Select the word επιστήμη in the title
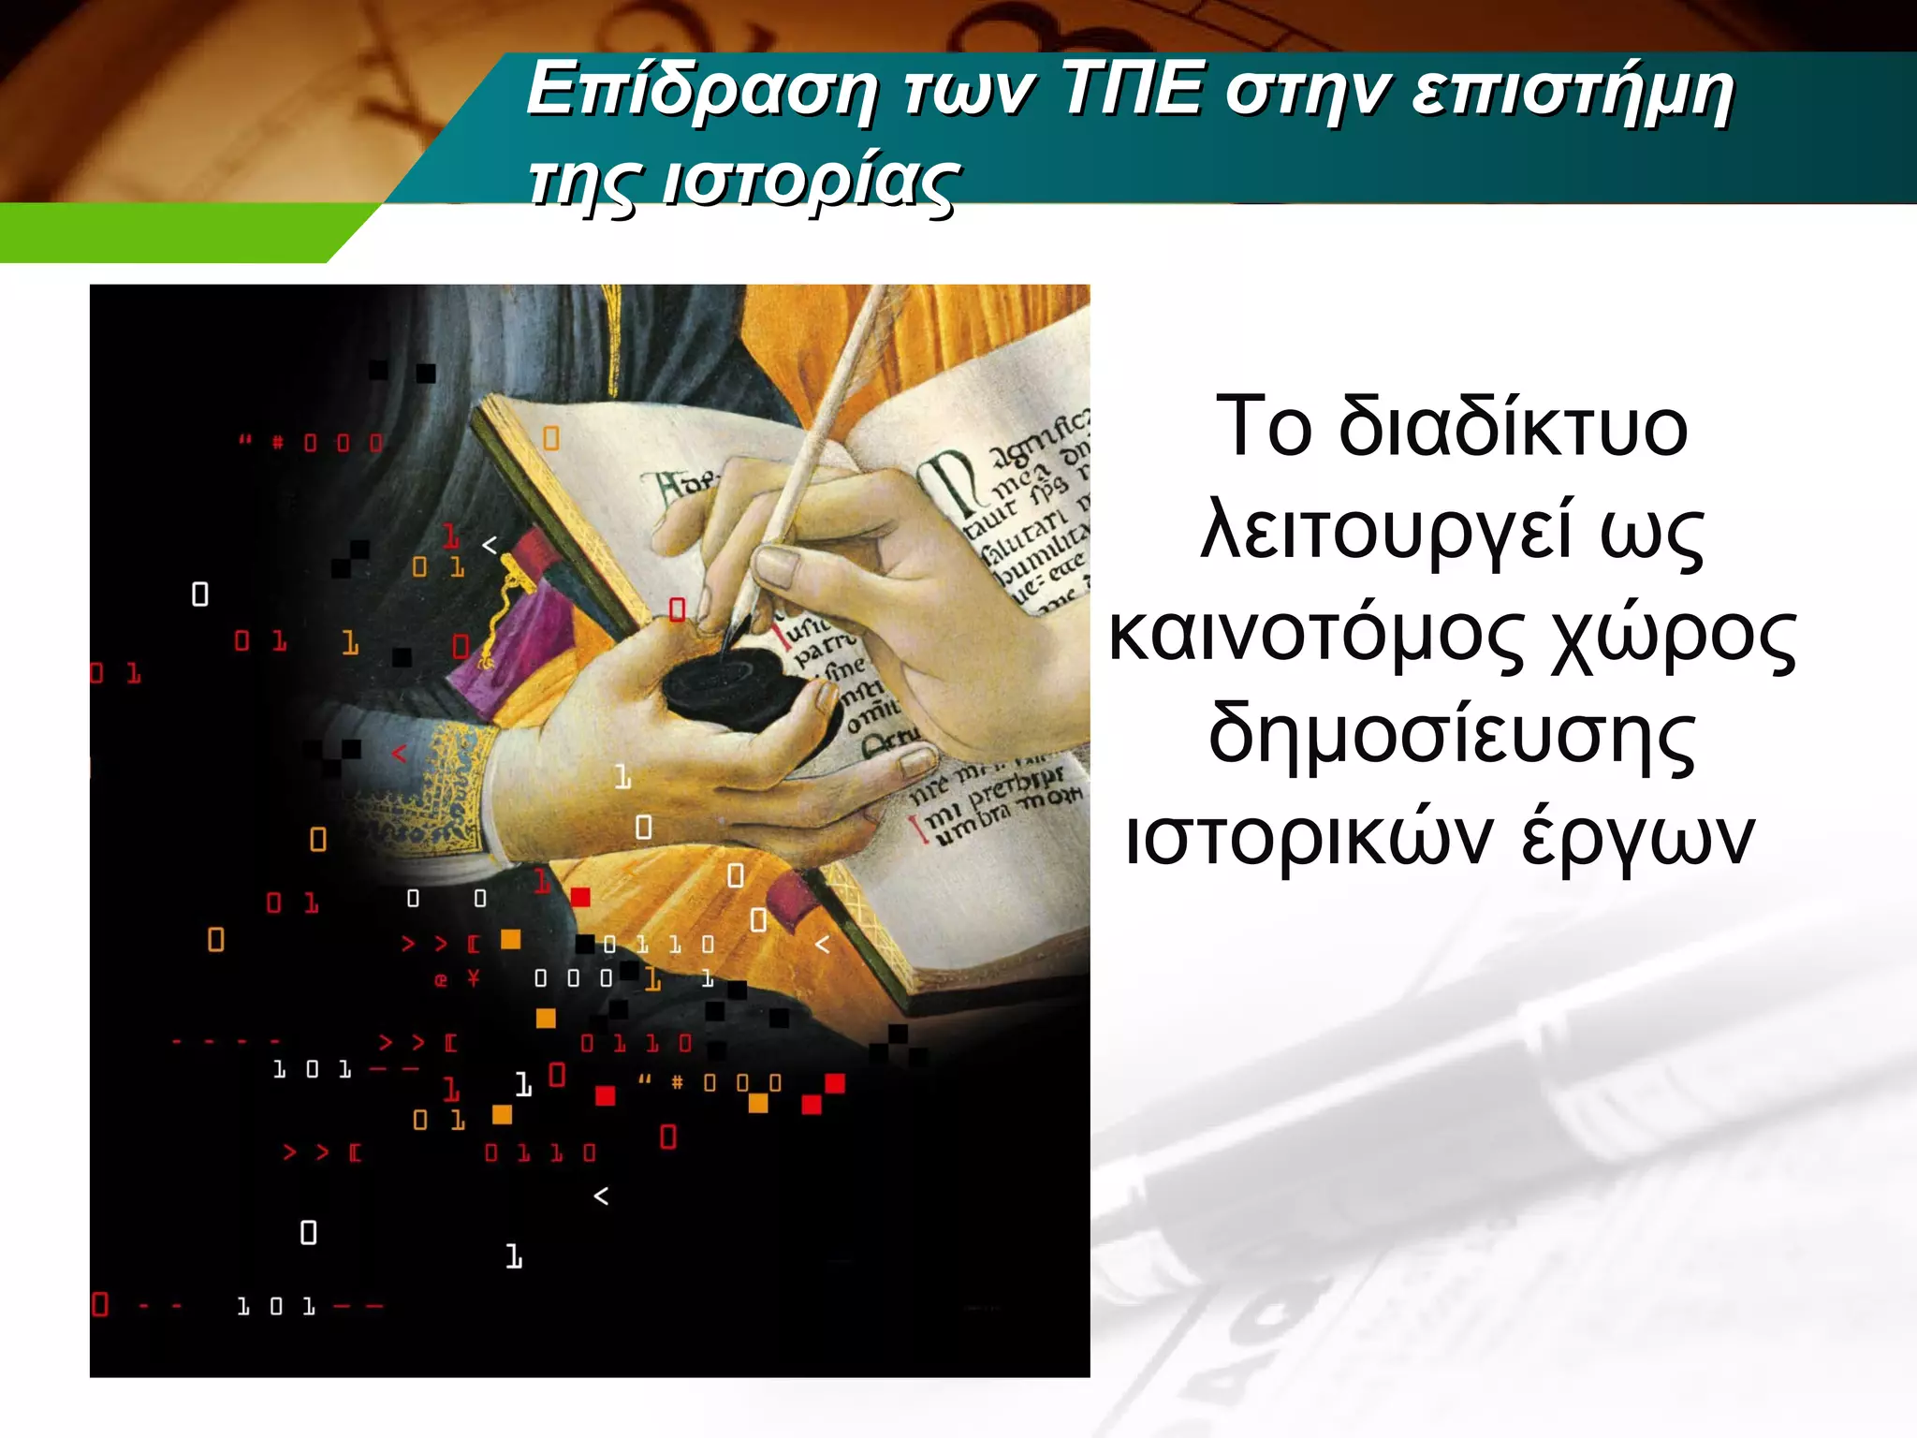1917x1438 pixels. coord(1572,94)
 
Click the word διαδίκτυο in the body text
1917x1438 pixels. coord(1513,428)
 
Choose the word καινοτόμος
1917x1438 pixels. coord(1317,634)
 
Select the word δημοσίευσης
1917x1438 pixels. coord(1451,737)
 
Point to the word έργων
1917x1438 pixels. coord(1637,838)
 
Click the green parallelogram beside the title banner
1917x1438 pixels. coord(178,232)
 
